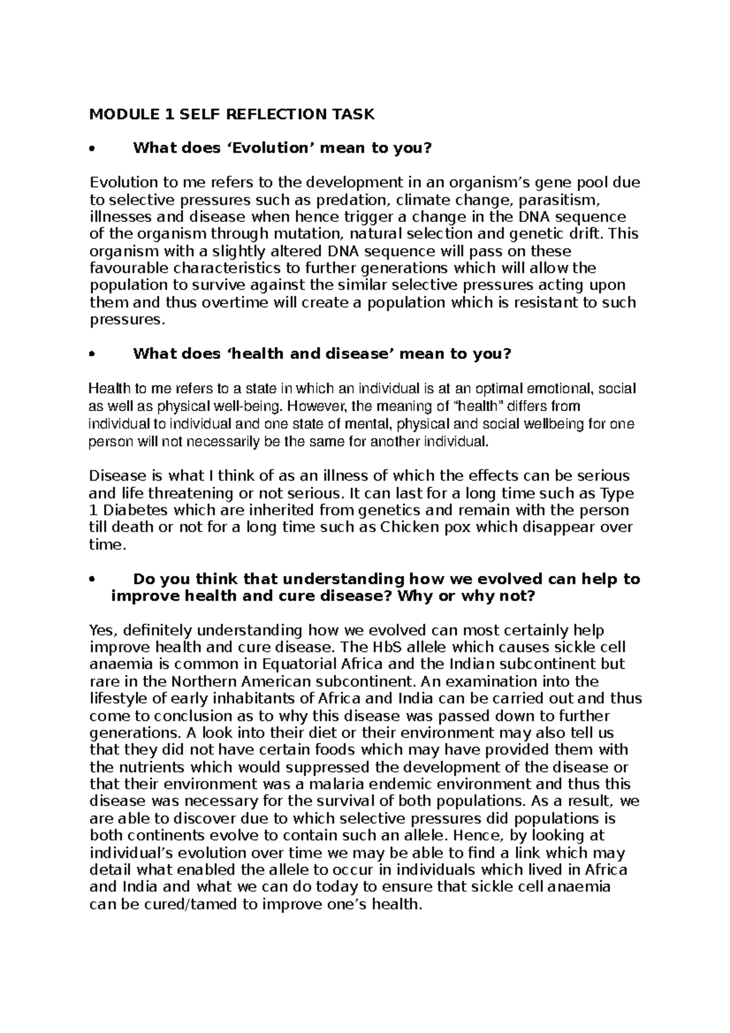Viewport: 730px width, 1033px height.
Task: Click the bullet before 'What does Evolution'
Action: tap(92, 148)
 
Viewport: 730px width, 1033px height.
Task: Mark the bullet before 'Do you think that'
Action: tap(92, 579)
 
